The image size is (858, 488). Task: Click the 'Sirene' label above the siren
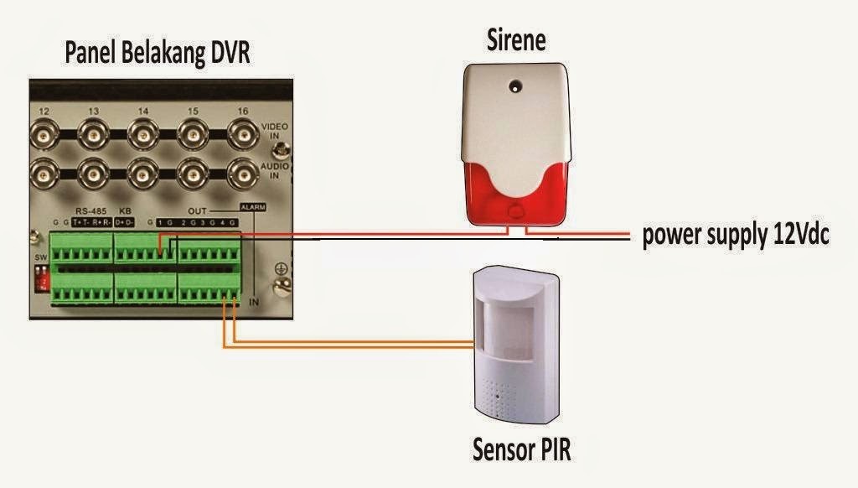pyautogui.click(x=517, y=39)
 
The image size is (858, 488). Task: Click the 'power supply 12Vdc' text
pyautogui.click(x=736, y=236)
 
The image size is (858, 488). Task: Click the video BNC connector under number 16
pyautogui.click(x=243, y=133)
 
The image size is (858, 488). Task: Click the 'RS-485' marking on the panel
pyautogui.click(x=87, y=210)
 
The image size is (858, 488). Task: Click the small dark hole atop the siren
pyautogui.click(x=514, y=85)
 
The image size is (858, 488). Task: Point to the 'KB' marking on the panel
pyautogui.click(x=124, y=210)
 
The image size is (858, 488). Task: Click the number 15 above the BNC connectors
pyautogui.click(x=194, y=112)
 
